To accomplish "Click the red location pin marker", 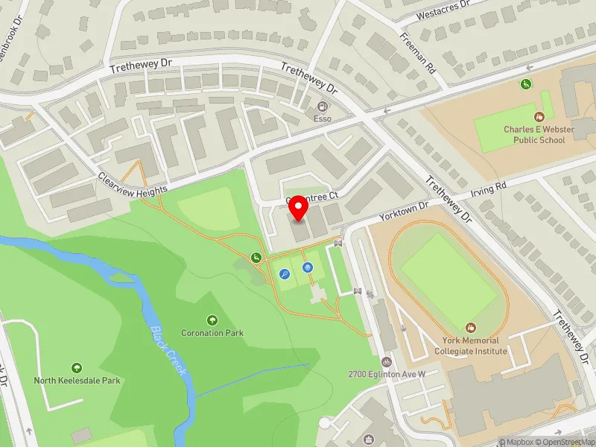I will tap(299, 208).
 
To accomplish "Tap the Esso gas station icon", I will tap(322, 107).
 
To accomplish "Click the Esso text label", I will tap(322, 118).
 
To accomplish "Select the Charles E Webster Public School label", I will tap(539, 135).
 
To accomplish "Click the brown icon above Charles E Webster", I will tap(539, 116).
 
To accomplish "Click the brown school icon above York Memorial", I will tap(471, 328).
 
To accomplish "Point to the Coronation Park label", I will tap(212, 332).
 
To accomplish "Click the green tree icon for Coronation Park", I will tap(213, 320).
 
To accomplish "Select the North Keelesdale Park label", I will tap(77, 380).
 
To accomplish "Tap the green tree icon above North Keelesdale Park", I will tap(76, 367).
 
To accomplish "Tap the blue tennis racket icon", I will tap(285, 274).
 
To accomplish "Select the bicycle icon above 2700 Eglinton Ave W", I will tap(387, 361).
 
